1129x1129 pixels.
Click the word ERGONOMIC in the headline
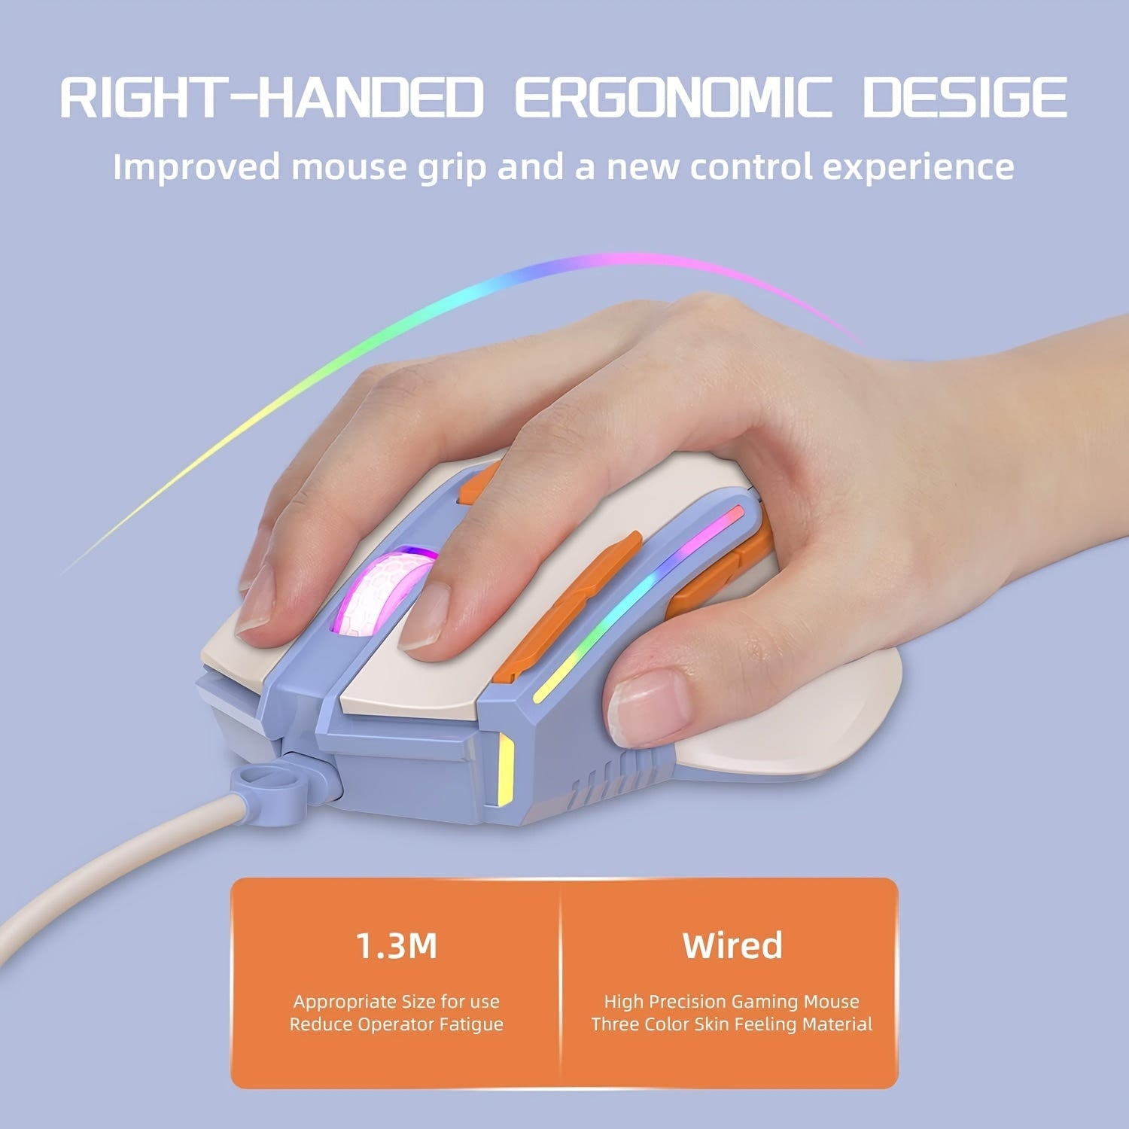click(674, 97)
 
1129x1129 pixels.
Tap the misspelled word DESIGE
click(964, 97)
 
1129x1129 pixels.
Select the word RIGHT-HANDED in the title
click(271, 97)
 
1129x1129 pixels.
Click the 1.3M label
click(396, 945)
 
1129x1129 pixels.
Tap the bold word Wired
click(732, 945)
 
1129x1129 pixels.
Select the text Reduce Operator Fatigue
click(396, 1024)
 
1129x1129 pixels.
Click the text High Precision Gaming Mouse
click(732, 1002)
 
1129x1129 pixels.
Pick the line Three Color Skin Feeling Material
click(732, 1024)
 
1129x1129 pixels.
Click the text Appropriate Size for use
click(396, 1002)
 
